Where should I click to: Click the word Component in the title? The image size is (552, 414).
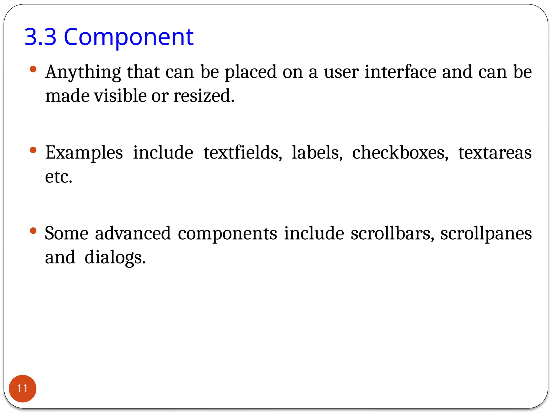coord(129,37)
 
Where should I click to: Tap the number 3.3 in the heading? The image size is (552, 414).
coord(40,37)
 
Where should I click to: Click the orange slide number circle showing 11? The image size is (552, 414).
coord(22,388)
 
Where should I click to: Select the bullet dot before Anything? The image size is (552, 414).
coord(33,70)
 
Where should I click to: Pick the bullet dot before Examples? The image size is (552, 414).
coord(33,150)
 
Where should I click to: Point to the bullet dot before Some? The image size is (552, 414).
coord(33,231)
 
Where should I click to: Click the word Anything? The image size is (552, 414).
coord(83,72)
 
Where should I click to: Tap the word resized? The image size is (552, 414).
coord(204,96)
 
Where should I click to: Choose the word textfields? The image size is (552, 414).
coord(243,153)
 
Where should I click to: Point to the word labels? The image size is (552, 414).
coord(317,153)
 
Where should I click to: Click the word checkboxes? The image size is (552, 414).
coord(400,153)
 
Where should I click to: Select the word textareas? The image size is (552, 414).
coord(495,153)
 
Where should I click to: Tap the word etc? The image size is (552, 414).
coord(58,177)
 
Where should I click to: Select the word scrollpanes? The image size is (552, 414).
coord(486,234)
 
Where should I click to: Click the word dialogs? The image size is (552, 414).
coord(115,257)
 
